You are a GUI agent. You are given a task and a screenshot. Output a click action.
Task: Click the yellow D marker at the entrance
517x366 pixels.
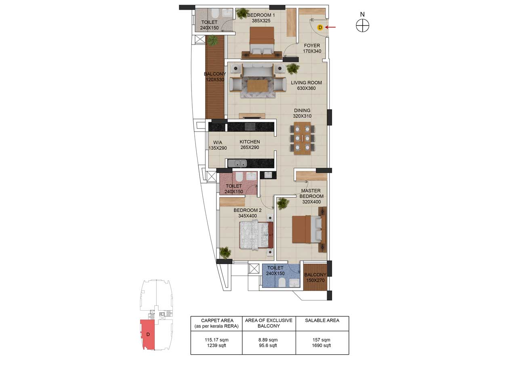[x=320, y=28]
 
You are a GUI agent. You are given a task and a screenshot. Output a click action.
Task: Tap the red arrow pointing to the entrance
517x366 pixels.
[x=331, y=28]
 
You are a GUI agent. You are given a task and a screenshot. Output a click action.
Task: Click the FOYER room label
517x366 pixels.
[x=312, y=46]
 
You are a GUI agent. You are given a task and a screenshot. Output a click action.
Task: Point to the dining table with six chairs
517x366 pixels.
[x=302, y=138]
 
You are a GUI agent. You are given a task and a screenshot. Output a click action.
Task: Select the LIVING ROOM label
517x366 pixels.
[x=306, y=83]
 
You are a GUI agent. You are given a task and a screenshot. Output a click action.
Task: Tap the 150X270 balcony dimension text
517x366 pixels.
[x=315, y=280]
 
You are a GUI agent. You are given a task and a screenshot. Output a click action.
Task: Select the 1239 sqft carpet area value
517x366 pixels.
[x=216, y=346]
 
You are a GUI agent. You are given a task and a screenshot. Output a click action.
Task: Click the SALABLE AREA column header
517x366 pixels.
[x=322, y=320]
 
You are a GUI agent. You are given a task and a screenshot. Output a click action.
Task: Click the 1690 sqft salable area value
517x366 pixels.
[x=322, y=346]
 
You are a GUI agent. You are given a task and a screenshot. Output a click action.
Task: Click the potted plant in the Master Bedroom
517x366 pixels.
[x=283, y=203]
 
